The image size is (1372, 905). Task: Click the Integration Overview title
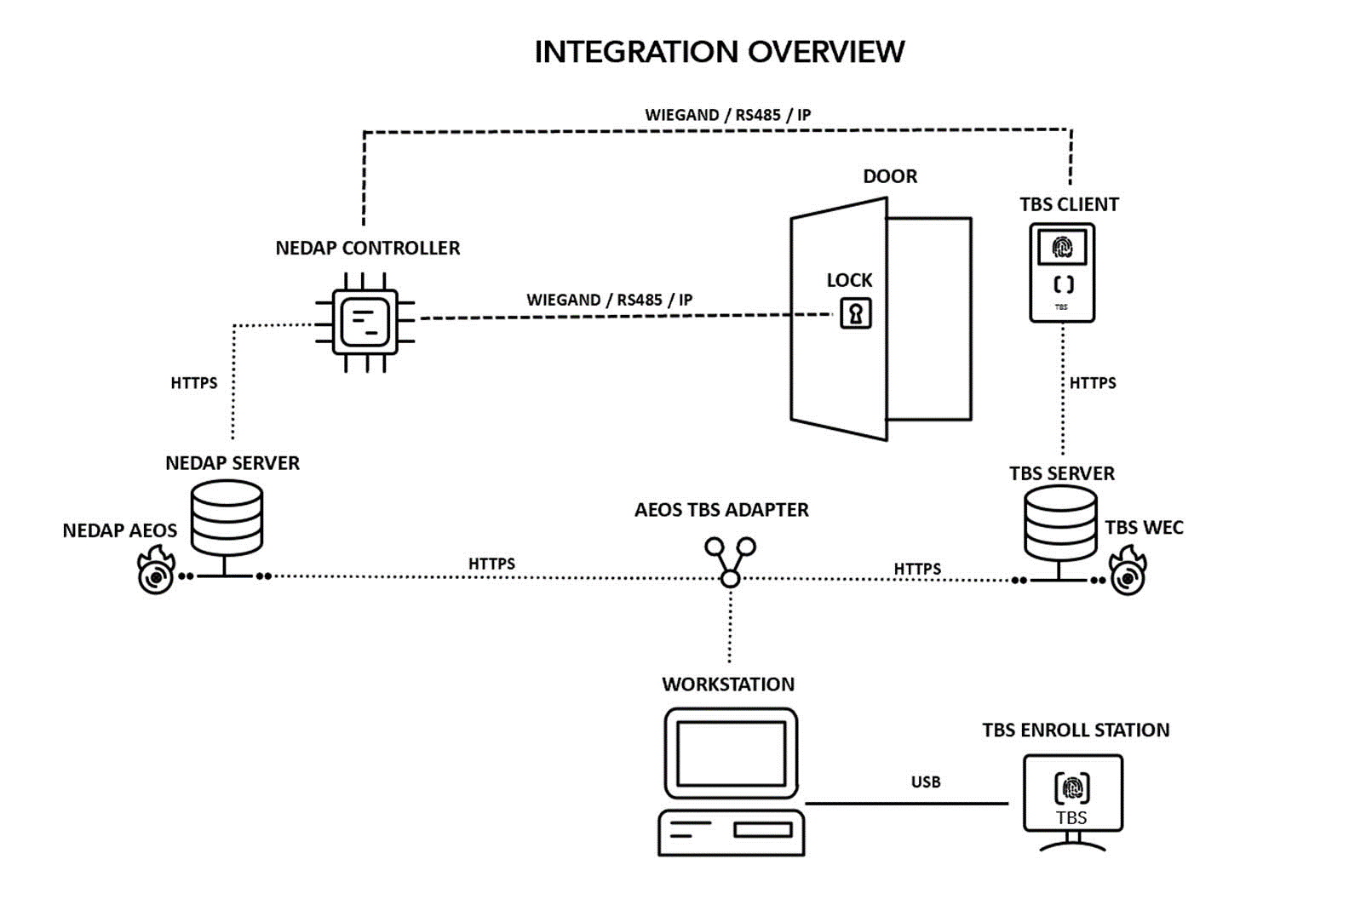pyautogui.click(x=719, y=52)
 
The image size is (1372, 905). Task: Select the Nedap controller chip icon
pyautogui.click(x=365, y=322)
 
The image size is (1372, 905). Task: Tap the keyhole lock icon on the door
pyautogui.click(x=856, y=313)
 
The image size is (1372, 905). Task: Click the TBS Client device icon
pyautogui.click(x=1062, y=272)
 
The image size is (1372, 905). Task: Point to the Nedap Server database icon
pyautogui.click(x=227, y=519)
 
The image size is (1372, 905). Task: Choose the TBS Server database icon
pyautogui.click(x=1059, y=524)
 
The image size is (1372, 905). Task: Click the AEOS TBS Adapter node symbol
pyautogui.click(x=730, y=561)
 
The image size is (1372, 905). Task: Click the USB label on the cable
pyautogui.click(x=926, y=782)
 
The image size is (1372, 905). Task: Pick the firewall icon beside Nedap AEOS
pyautogui.click(x=157, y=571)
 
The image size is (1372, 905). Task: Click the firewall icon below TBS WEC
pyautogui.click(x=1128, y=571)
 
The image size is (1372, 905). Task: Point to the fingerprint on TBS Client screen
pyautogui.click(x=1062, y=247)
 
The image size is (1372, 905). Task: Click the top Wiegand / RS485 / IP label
pyautogui.click(x=727, y=115)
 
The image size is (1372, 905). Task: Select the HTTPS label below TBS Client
pyautogui.click(x=1093, y=383)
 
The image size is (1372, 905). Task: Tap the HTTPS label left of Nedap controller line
pyautogui.click(x=194, y=383)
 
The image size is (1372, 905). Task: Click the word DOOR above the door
pyautogui.click(x=890, y=176)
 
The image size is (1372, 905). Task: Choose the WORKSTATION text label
pyautogui.click(x=728, y=684)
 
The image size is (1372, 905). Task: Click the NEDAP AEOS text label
pyautogui.click(x=120, y=530)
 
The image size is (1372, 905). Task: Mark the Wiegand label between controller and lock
pyautogui.click(x=609, y=300)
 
